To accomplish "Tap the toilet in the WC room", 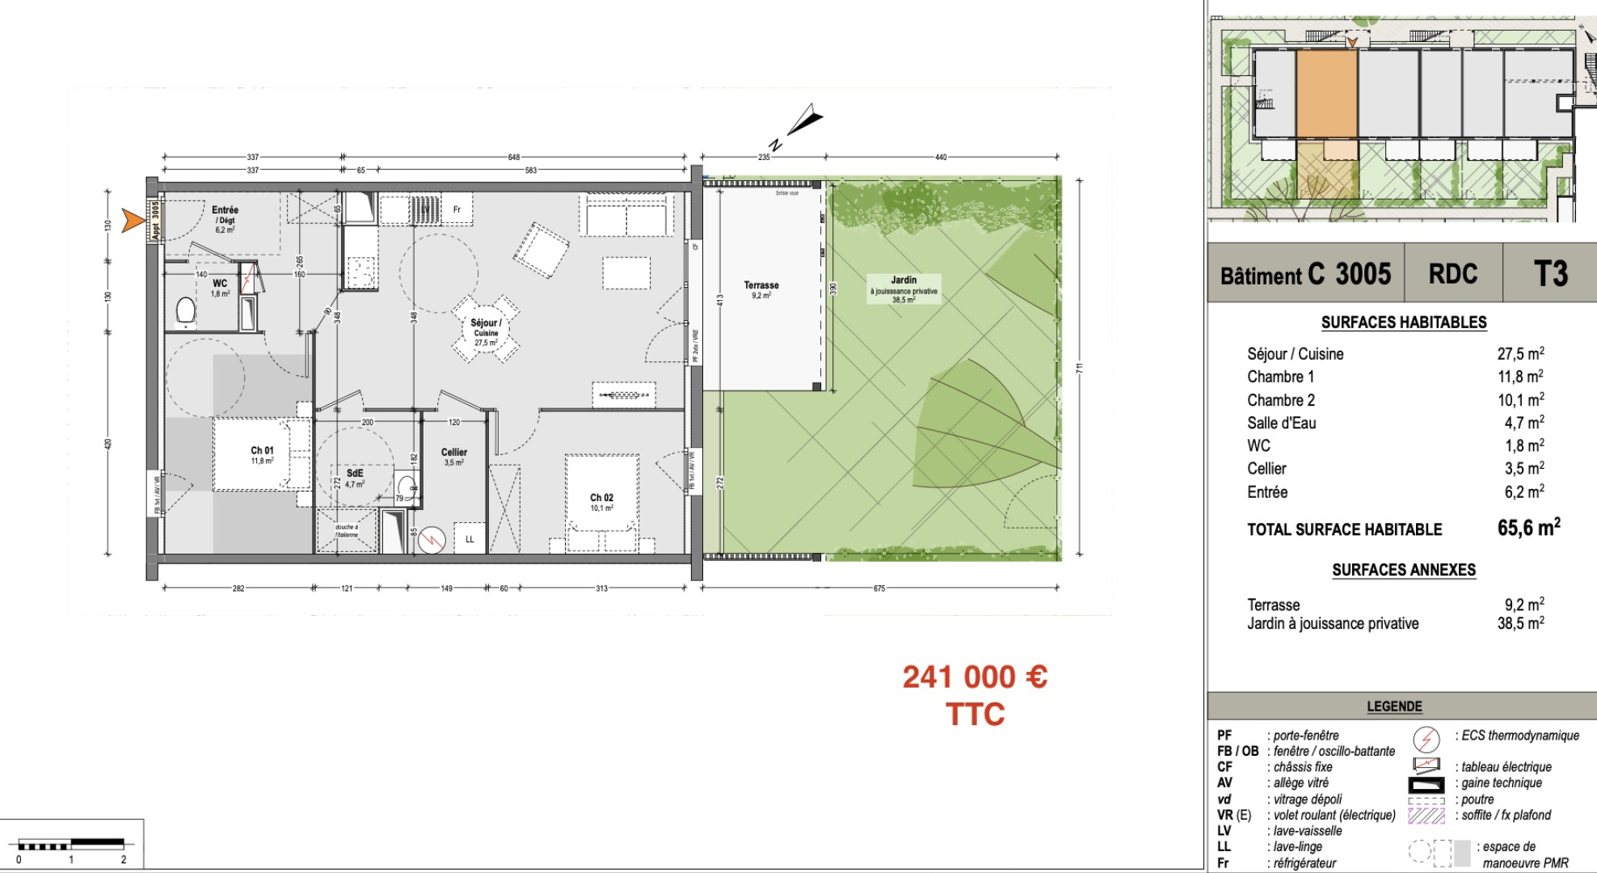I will click(186, 312).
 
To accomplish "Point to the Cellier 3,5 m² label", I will click(453, 457).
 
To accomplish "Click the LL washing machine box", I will click(470, 539).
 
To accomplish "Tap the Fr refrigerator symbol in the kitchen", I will click(457, 209).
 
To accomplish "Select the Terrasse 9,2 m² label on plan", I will click(761, 289).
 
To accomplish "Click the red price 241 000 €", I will click(975, 677).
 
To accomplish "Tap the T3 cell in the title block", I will click(1549, 274).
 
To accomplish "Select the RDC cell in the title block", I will click(1452, 274).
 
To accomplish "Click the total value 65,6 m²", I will click(1527, 528).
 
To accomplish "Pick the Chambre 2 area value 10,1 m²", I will click(1520, 400).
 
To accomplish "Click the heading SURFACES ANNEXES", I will click(1403, 570).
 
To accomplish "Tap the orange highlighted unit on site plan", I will click(1326, 94).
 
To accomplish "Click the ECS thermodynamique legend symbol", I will click(1426, 738).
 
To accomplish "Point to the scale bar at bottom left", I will click(71, 846).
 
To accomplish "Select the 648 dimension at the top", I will click(514, 157).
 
